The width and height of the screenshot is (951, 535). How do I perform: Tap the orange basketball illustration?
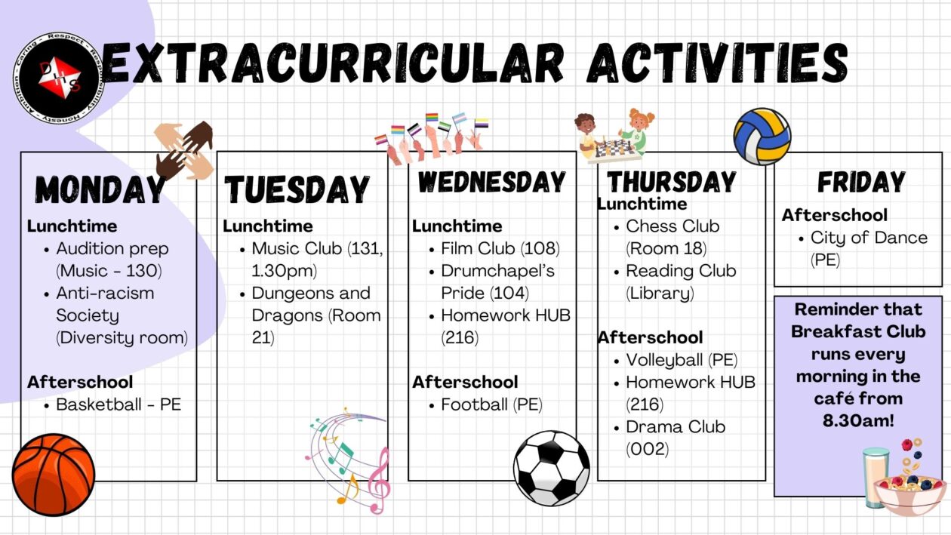[54, 475]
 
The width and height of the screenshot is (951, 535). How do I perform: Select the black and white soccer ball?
[552, 468]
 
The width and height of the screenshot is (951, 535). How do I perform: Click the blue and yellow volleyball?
[762, 137]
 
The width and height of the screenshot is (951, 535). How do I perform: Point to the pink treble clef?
[377, 481]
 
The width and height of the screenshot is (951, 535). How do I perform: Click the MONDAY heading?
[100, 189]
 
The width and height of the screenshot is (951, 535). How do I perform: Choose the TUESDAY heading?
[297, 189]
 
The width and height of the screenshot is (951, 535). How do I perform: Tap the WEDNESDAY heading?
[491, 182]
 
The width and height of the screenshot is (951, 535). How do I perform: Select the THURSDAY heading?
[672, 182]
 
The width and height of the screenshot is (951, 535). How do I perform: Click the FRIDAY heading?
[861, 182]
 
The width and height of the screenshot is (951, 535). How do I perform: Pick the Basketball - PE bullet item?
[118, 404]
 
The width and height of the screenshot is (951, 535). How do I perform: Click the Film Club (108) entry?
[500, 248]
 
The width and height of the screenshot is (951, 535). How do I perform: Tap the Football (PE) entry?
[491, 404]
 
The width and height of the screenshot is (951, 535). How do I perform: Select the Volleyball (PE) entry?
[682, 360]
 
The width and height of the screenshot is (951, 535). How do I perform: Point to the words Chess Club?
[672, 226]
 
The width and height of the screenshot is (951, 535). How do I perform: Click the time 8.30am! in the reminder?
[857, 421]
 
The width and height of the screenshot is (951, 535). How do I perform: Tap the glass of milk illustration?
[876, 477]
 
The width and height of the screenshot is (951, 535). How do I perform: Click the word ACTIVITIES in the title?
[716, 63]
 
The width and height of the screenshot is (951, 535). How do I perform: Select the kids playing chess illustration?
[614, 136]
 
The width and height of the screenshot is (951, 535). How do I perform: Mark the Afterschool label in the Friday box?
[835, 215]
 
